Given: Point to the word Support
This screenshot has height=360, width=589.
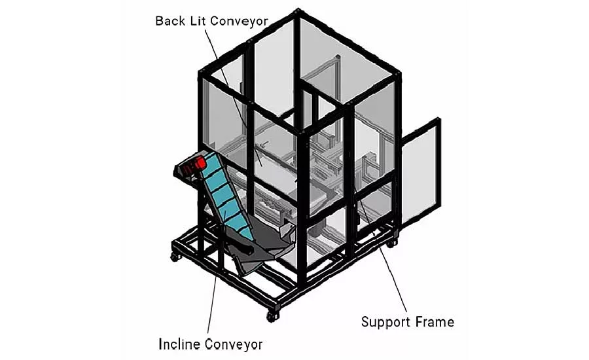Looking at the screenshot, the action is click(x=385, y=323).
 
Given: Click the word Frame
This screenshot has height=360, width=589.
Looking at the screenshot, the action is click(x=435, y=321).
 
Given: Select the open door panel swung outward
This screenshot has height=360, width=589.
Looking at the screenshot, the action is click(x=421, y=173).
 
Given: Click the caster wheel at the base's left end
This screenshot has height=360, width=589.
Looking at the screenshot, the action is click(x=175, y=257).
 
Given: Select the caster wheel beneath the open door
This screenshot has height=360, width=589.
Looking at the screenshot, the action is click(x=391, y=243).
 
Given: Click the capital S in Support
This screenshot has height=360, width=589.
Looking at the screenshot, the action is click(x=365, y=321).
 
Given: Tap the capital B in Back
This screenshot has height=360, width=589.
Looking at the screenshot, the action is click(x=159, y=21).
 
